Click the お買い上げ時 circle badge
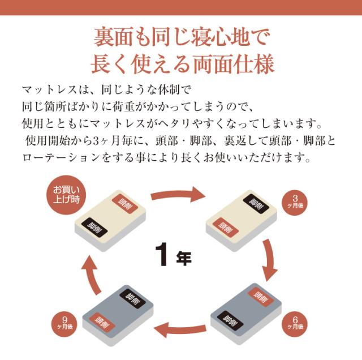tap(66, 195)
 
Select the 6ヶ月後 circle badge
tap(295, 324)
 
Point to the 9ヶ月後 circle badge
tap(64, 324)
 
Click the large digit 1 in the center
tap(162, 254)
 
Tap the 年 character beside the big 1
tap(184, 258)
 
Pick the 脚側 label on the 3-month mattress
tap(256, 203)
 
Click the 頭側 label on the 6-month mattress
tap(261, 297)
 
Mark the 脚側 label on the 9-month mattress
tap(132, 299)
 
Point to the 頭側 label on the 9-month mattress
tap(102, 323)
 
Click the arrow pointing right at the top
tap(178, 195)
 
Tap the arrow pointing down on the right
tap(270, 260)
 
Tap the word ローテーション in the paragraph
tap(62, 158)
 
